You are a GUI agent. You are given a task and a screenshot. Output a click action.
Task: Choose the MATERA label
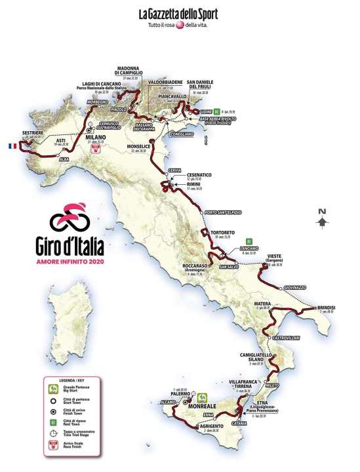click(x=264, y=304)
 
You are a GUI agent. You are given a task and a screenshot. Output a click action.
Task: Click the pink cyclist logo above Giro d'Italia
click(x=70, y=216)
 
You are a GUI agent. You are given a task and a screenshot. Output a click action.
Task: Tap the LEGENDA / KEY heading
click(x=70, y=380)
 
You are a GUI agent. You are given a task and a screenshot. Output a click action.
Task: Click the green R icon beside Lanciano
click(x=249, y=241)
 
